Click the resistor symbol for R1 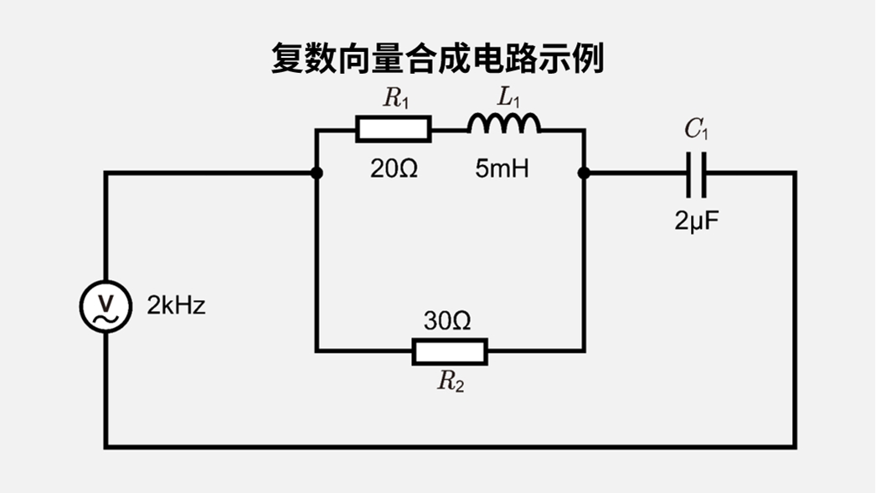[x=394, y=129]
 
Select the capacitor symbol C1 [x=696, y=174]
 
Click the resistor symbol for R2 [x=450, y=351]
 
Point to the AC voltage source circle [x=106, y=306]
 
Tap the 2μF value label [x=697, y=221]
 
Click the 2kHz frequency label [x=176, y=306]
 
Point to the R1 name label [x=396, y=99]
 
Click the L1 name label [x=508, y=97]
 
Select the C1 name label [x=697, y=129]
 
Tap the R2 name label [x=450, y=382]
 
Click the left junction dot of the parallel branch [x=317, y=174]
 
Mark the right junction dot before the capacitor [x=584, y=174]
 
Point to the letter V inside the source [x=106, y=300]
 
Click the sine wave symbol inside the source [x=106, y=318]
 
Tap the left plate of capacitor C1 [x=689, y=174]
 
